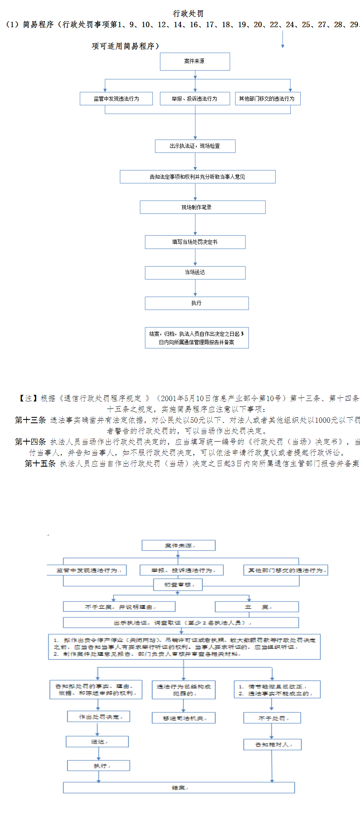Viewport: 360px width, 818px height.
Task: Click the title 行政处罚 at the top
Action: click(x=188, y=14)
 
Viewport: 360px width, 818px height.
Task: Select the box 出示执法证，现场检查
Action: click(x=195, y=146)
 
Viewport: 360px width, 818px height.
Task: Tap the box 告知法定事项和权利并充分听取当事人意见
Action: click(x=198, y=177)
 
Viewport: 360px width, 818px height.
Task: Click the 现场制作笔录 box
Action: click(x=203, y=207)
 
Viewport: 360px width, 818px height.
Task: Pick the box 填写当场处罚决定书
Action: click(x=195, y=242)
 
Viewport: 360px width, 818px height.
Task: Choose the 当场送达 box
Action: click(x=195, y=272)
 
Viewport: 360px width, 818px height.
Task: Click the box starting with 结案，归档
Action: click(x=197, y=338)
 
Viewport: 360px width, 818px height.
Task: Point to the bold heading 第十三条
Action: click(x=30, y=420)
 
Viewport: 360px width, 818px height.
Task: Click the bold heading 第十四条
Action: click(x=30, y=442)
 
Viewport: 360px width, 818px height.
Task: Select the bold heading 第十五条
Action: click(x=40, y=463)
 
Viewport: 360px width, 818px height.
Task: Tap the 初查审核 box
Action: click(x=178, y=584)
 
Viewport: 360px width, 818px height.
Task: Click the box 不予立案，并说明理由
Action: click(x=119, y=607)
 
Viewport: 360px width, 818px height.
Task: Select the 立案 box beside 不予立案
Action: click(x=256, y=607)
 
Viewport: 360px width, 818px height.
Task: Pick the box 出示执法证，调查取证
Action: click(x=181, y=622)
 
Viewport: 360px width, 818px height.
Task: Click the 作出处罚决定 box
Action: click(x=99, y=716)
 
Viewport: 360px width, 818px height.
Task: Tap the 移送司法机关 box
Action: click(x=183, y=718)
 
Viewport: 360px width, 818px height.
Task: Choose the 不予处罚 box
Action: click(x=272, y=718)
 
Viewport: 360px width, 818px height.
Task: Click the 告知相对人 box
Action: click(x=272, y=744)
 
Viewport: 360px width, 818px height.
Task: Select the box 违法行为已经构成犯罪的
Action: click(x=183, y=690)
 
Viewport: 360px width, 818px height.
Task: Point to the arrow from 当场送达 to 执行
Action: click(x=195, y=288)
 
